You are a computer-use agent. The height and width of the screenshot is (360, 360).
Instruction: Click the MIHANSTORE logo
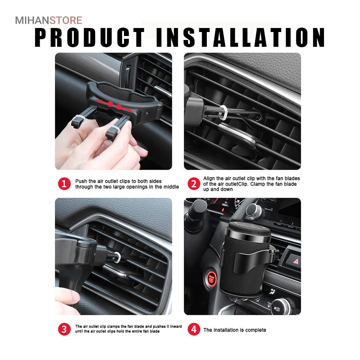click(x=49, y=20)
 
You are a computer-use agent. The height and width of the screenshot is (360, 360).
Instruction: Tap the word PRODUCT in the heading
click(x=90, y=38)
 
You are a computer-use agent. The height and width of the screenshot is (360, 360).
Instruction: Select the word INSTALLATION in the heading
click(x=241, y=38)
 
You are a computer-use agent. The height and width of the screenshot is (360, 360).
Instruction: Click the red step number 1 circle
click(x=64, y=184)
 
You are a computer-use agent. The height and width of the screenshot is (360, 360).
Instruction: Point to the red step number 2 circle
click(x=194, y=184)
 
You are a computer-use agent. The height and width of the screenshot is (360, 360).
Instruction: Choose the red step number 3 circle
click(x=64, y=329)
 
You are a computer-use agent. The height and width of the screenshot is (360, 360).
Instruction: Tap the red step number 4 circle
click(x=194, y=329)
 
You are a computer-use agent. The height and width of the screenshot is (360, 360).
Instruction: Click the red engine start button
click(x=212, y=278)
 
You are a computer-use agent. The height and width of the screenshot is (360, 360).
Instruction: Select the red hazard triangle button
click(x=296, y=261)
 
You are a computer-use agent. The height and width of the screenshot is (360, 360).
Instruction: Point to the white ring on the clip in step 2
click(x=223, y=113)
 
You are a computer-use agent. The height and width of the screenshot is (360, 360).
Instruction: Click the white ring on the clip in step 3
click(x=117, y=257)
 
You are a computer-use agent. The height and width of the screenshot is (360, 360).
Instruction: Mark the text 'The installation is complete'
click(x=235, y=330)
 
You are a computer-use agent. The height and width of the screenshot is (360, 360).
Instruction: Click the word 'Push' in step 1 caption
click(x=81, y=181)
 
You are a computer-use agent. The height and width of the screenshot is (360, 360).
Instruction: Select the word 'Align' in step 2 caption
click(x=209, y=178)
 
